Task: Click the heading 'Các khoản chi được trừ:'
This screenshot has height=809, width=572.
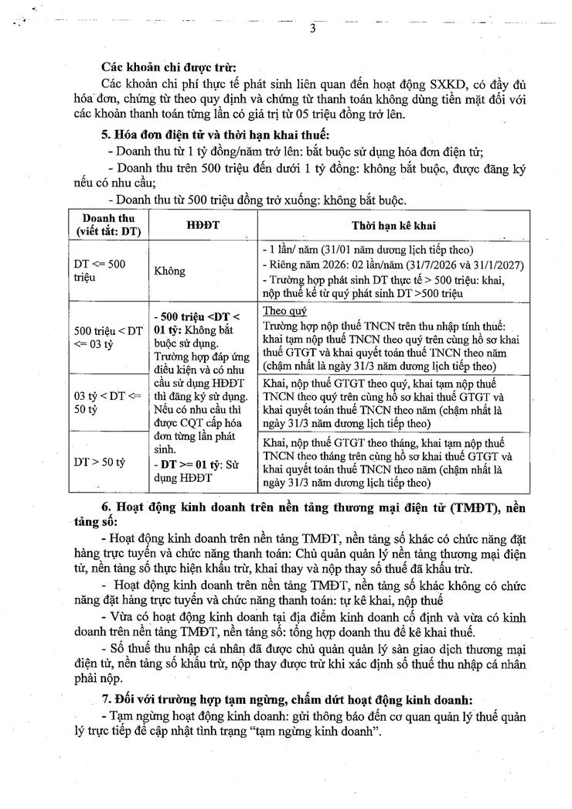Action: (169, 65)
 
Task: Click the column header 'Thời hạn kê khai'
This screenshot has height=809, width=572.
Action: (392, 225)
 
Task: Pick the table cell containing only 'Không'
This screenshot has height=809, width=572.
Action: (170, 271)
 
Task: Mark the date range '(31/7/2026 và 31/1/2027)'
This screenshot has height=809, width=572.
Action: (458, 265)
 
